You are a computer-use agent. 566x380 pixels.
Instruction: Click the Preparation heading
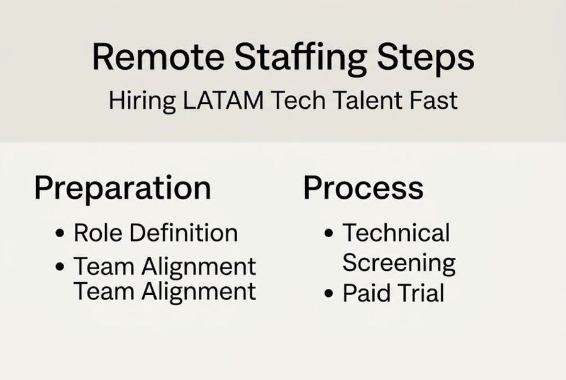click(123, 188)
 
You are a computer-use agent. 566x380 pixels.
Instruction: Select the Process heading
click(363, 187)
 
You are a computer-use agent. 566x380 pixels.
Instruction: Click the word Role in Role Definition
click(97, 233)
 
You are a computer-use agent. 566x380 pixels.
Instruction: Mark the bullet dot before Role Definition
click(60, 233)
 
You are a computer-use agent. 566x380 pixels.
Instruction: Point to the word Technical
click(396, 233)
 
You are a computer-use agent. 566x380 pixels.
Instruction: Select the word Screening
click(399, 263)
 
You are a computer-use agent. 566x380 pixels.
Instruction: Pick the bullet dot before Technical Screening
click(329, 233)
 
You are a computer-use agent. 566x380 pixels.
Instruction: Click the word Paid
click(363, 293)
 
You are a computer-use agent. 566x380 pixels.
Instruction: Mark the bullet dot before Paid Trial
click(329, 294)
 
